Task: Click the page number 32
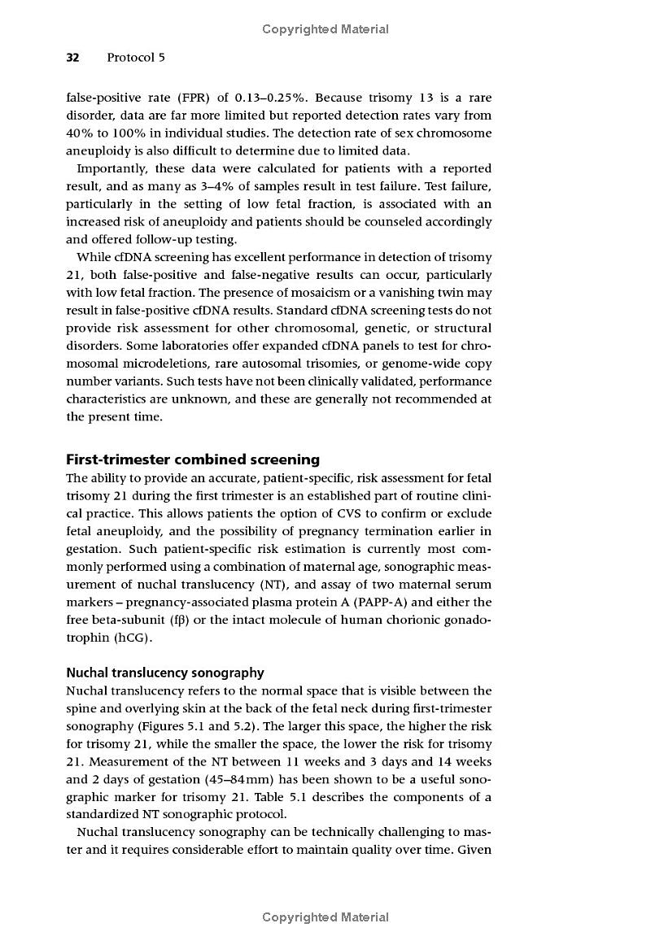tap(72, 58)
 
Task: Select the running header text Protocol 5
tap(136, 58)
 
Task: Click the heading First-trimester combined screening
tap(193, 459)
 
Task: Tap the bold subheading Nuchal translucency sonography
tap(165, 673)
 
